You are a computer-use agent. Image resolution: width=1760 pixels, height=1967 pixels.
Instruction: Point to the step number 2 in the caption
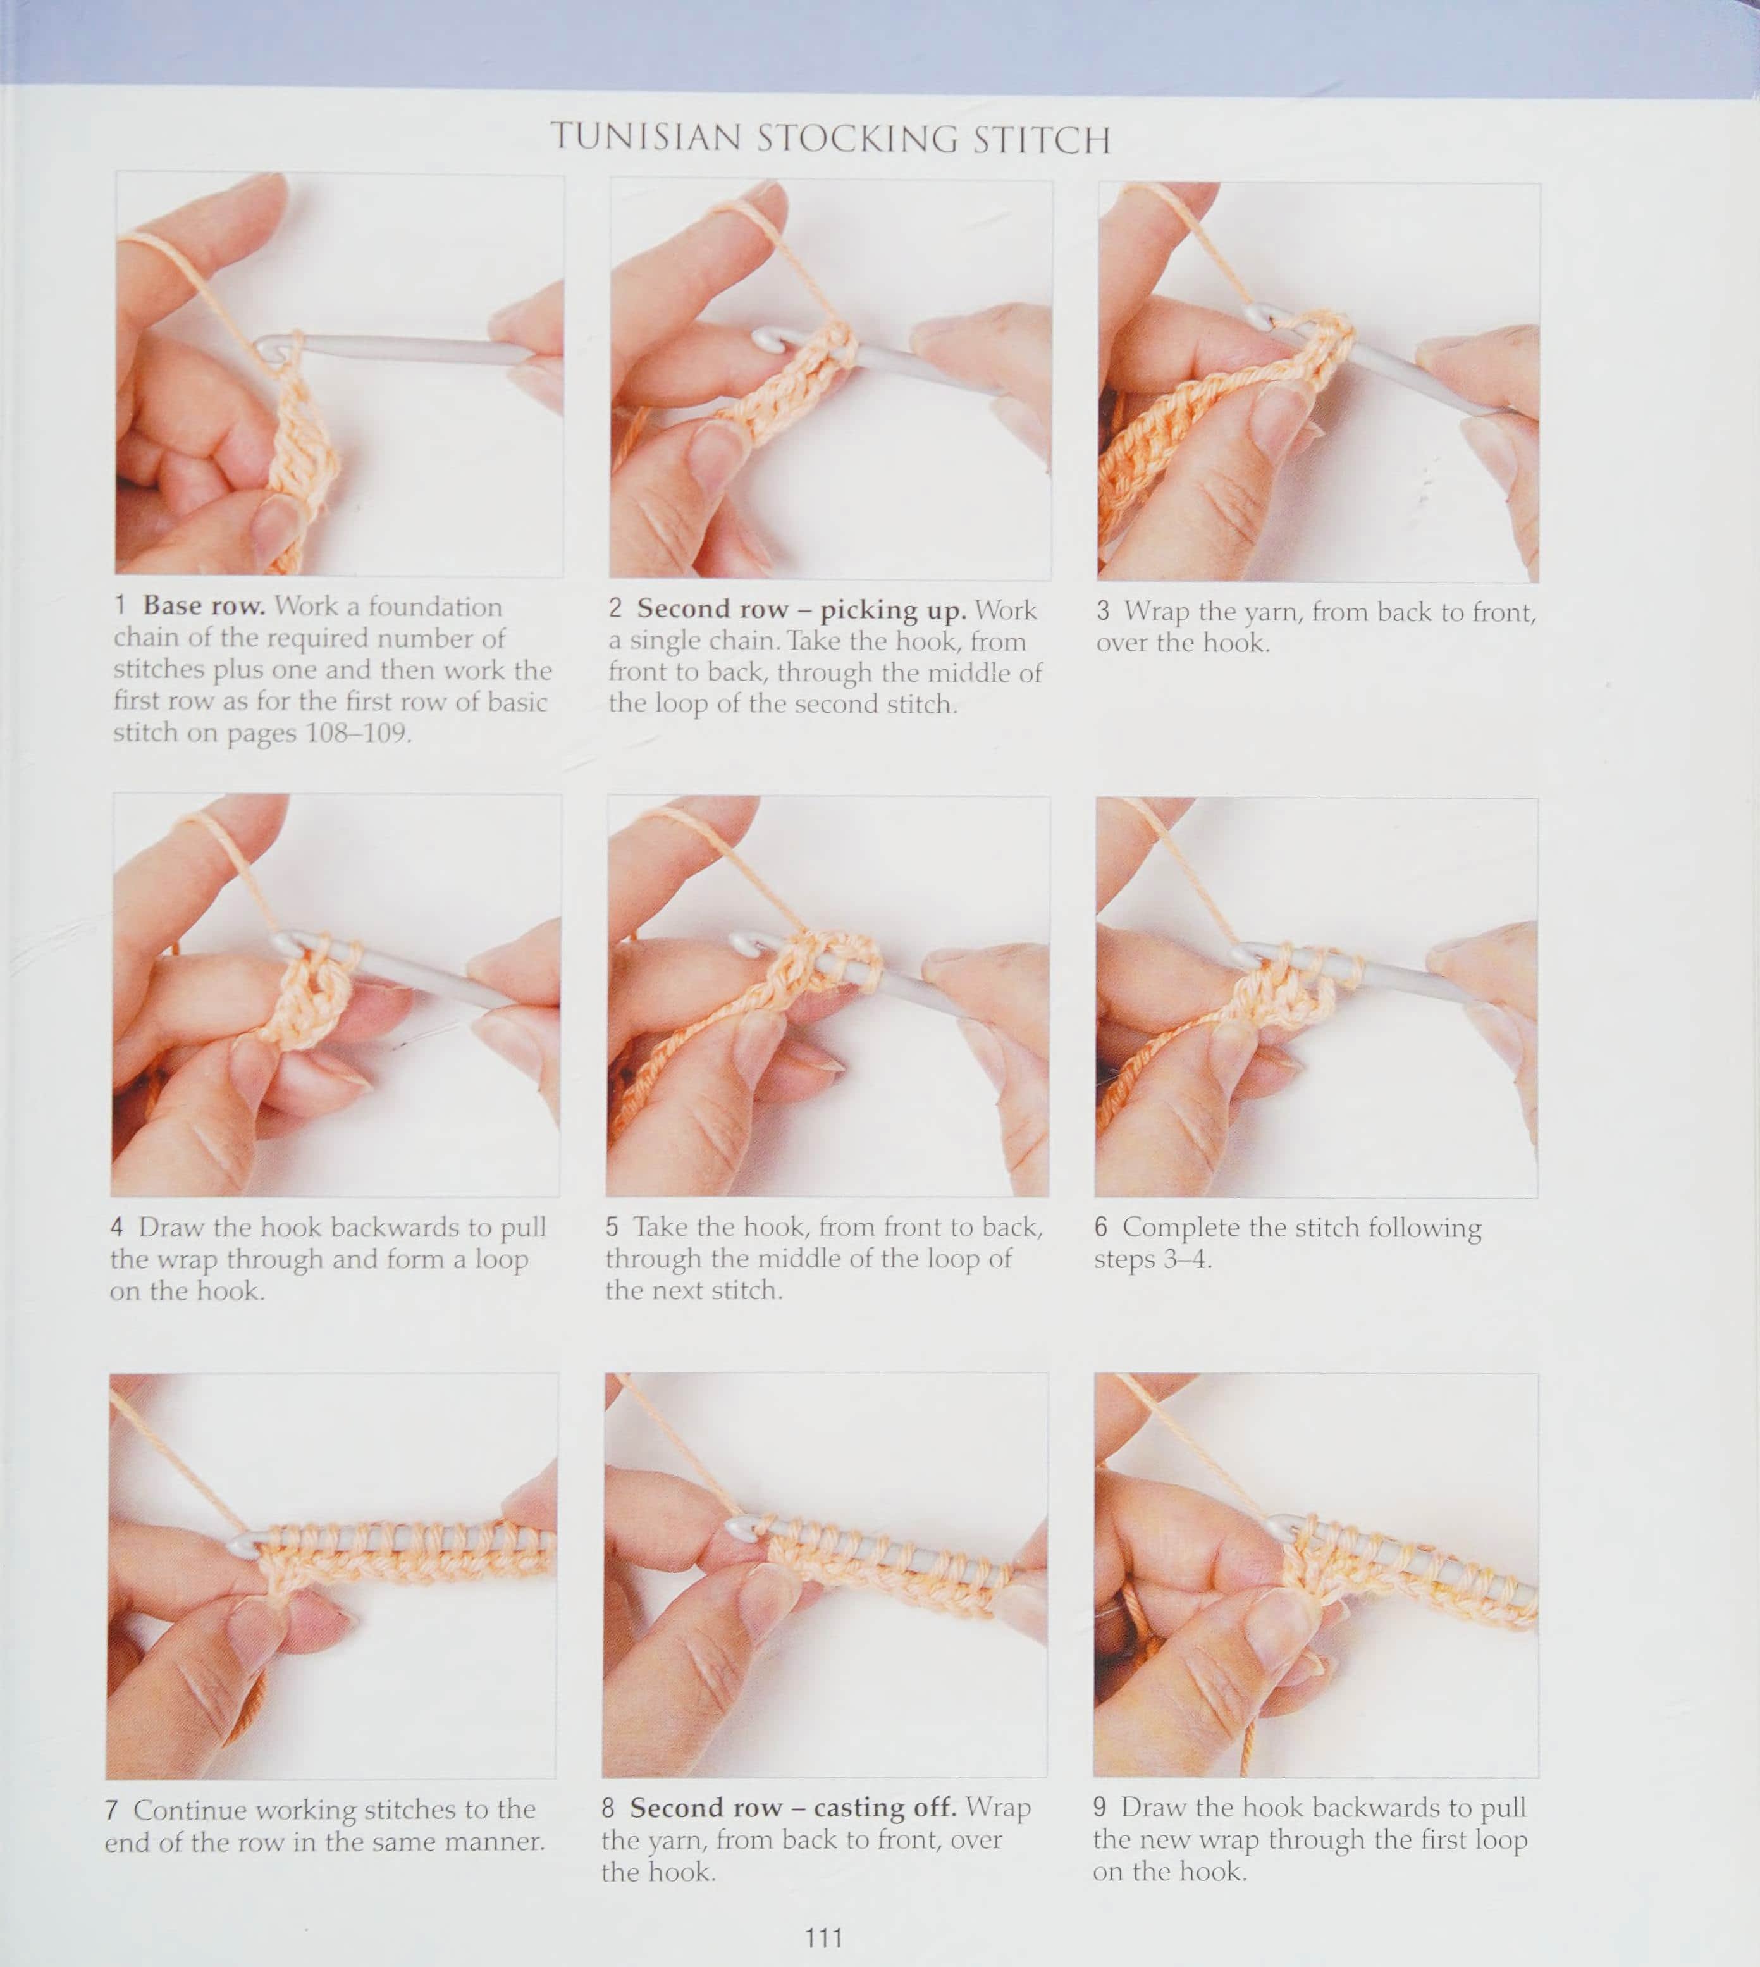tap(615, 608)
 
